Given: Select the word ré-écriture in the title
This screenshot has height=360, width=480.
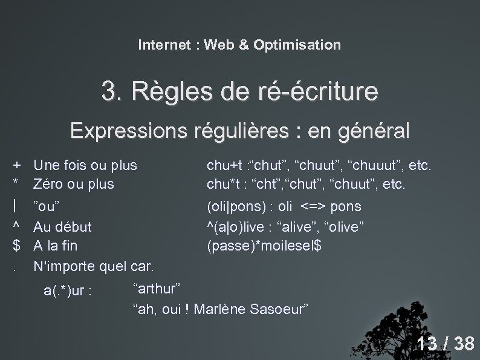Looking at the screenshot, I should [318, 93].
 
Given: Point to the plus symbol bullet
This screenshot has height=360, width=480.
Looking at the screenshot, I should [18, 165].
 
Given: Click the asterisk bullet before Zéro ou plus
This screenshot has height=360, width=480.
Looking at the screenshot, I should [18, 182].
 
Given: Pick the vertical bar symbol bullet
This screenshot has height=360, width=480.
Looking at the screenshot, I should [18, 206].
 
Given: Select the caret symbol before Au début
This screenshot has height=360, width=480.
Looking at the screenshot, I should [18, 226].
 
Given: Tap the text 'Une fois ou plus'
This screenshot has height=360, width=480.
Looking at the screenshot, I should [85, 165].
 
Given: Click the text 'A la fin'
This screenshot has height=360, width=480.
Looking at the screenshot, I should [55, 246].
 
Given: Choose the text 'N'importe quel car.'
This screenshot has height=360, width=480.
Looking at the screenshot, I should [94, 266].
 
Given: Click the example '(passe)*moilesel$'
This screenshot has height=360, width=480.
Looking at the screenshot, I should [264, 246].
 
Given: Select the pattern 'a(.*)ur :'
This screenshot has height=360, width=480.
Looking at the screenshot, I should [68, 290].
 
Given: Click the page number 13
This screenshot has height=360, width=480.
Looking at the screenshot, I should [427, 344].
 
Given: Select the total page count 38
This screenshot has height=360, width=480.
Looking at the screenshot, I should [464, 344].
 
